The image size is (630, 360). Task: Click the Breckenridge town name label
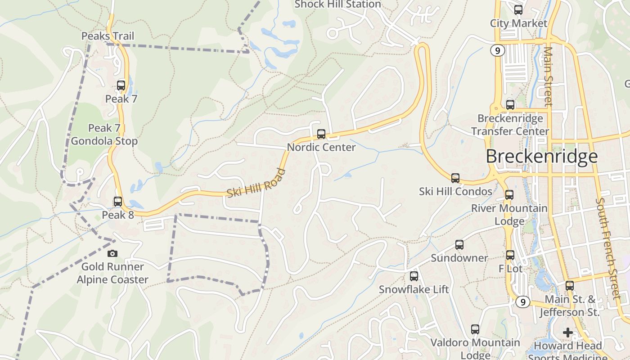click(541, 156)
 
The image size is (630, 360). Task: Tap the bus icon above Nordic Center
click(321, 134)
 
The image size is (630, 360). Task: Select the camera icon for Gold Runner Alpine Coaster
click(112, 253)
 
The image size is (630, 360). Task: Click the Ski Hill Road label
click(256, 183)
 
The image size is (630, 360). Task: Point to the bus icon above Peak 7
click(121, 85)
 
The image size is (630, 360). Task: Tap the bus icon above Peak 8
click(118, 202)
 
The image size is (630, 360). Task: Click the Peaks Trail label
click(108, 36)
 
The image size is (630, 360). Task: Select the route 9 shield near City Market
click(497, 51)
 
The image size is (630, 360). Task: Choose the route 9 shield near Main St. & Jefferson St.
click(522, 301)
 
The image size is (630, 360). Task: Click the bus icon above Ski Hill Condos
click(455, 178)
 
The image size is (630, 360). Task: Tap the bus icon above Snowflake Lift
click(414, 276)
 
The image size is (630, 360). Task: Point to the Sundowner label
click(459, 258)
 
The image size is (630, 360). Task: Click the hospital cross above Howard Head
click(568, 333)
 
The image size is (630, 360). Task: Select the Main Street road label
click(548, 76)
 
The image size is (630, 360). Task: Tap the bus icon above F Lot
click(510, 255)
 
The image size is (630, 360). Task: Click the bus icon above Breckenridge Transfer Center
click(510, 105)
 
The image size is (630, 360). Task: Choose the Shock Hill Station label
click(337, 4)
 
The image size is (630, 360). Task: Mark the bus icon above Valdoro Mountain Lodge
click(475, 329)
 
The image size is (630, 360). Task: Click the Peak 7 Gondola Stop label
click(104, 135)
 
